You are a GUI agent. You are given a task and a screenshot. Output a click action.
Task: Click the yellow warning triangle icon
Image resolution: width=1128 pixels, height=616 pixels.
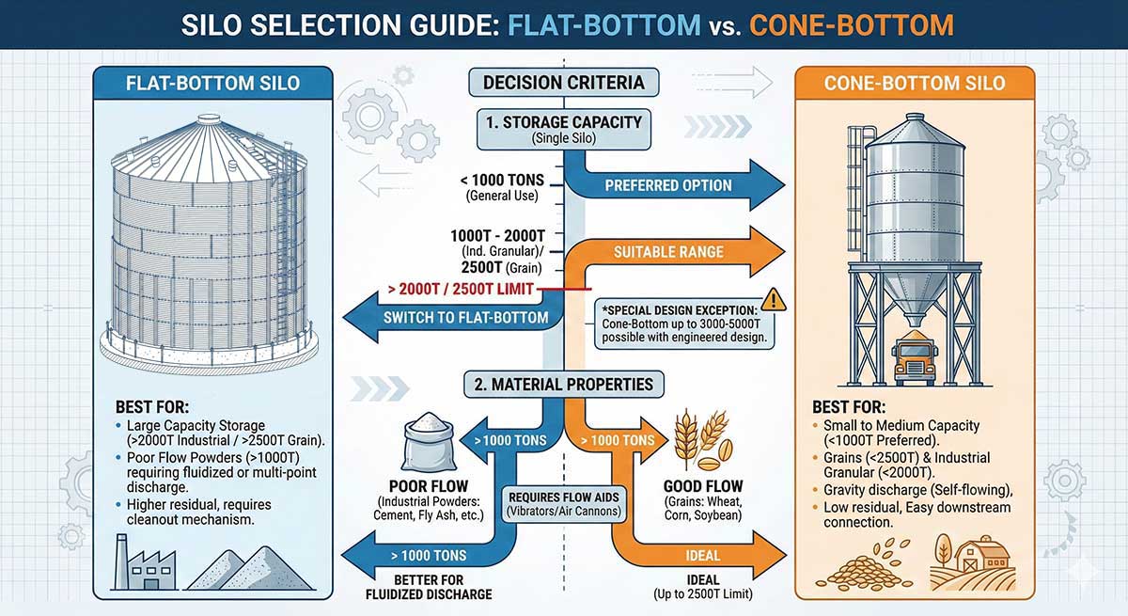(775, 299)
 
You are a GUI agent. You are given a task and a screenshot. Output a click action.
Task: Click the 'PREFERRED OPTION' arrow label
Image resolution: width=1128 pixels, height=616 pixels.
(668, 185)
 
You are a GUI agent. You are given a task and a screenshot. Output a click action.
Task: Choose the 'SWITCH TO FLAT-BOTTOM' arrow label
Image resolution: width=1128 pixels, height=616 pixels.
(466, 317)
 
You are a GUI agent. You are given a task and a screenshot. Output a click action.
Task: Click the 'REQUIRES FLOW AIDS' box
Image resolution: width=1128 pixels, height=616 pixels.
(562, 503)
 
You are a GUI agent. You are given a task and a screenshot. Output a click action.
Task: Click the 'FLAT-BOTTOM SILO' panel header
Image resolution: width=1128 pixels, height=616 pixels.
(212, 83)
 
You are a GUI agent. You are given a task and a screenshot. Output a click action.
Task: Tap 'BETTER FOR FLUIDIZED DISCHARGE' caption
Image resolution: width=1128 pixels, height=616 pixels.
(429, 587)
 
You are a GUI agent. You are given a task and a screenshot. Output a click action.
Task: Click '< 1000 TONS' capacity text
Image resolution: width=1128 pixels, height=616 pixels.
(501, 182)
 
